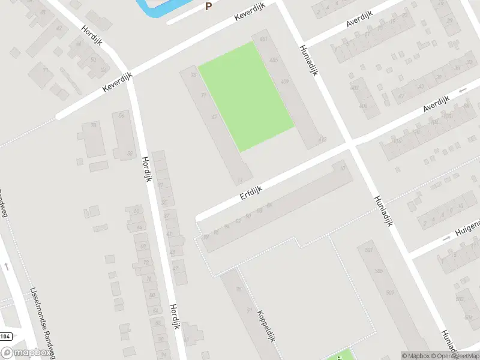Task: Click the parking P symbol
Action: pyautogui.click(x=209, y=7)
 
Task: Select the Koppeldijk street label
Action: pyautogui.click(x=266, y=326)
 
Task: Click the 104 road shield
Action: pyautogui.click(x=5, y=336)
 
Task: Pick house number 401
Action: pyautogui.click(x=263, y=40)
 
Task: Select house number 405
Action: pyautogui.click(x=274, y=61)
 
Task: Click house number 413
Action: pyautogui.click(x=323, y=140)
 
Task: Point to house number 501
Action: pyautogui.click(x=369, y=250)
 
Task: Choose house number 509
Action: pyautogui.click(x=390, y=292)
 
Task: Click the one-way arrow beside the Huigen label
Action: pyautogui.click(x=446, y=238)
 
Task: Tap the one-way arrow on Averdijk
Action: pyautogui.click(x=462, y=91)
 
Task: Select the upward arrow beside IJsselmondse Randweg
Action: pyautogui.click(x=6, y=266)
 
